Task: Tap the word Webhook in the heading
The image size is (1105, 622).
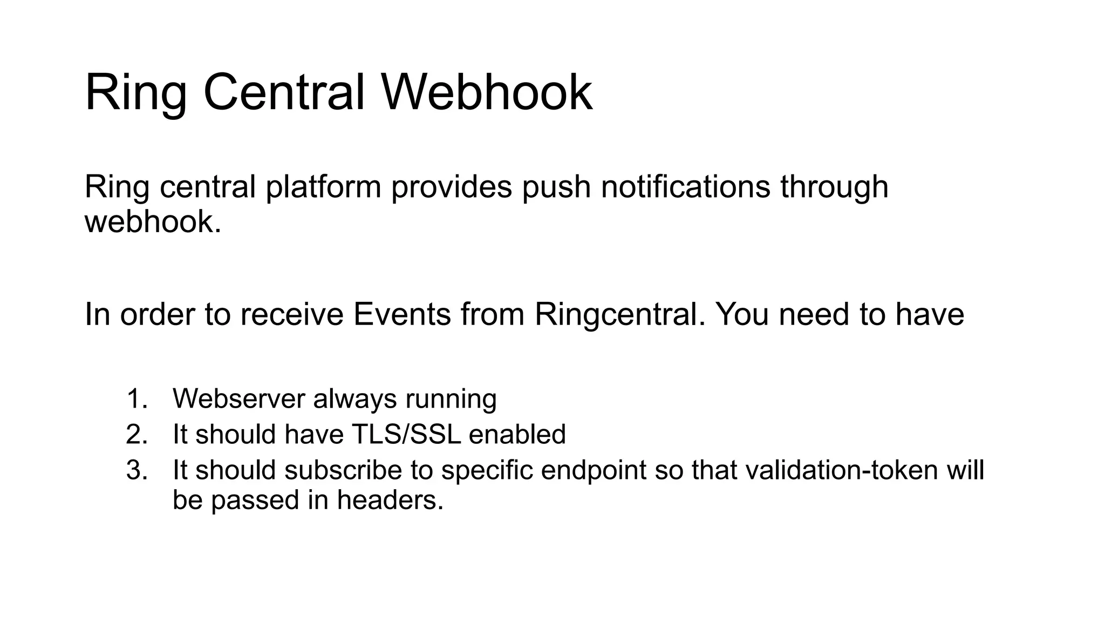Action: coord(487,92)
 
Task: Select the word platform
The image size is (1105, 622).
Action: coord(324,187)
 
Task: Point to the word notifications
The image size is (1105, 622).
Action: coord(685,187)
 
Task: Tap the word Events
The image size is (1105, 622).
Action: coord(402,314)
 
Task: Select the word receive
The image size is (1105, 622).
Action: coord(292,314)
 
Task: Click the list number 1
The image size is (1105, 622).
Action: coord(137,399)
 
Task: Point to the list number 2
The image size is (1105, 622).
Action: coord(137,435)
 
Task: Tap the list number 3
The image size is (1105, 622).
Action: coord(137,470)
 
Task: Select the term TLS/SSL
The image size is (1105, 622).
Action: coord(406,435)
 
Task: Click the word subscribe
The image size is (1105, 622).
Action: coord(343,470)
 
